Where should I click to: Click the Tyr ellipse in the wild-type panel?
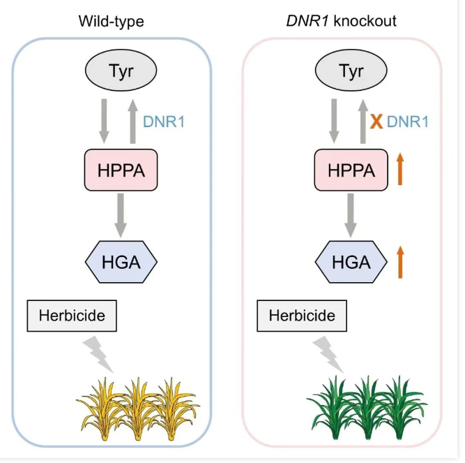pyautogui.click(x=121, y=71)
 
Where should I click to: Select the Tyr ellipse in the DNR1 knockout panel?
pyautogui.click(x=351, y=71)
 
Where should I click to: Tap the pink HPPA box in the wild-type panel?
pyautogui.click(x=121, y=170)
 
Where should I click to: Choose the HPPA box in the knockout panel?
pyautogui.click(x=351, y=170)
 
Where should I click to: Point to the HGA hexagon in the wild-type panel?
pyautogui.click(x=121, y=262)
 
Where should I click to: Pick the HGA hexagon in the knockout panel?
pyautogui.click(x=351, y=262)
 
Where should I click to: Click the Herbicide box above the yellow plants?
pyautogui.click(x=72, y=316)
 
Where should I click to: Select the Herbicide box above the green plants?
pyautogui.click(x=302, y=316)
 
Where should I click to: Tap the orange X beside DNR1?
pyautogui.click(x=376, y=122)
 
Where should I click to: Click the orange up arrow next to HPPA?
pyautogui.click(x=400, y=169)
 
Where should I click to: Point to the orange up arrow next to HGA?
pyautogui.click(x=400, y=263)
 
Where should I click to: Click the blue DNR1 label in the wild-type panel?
pyautogui.click(x=164, y=122)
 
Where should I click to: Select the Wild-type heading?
pyautogui.click(x=112, y=22)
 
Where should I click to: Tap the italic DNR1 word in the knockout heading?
pyautogui.click(x=307, y=21)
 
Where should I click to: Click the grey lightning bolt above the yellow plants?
pyautogui.click(x=98, y=355)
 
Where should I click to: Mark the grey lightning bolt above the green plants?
pyautogui.click(x=328, y=355)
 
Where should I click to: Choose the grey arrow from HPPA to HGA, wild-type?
pyautogui.click(x=121, y=215)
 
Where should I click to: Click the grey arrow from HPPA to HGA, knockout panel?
pyautogui.click(x=351, y=215)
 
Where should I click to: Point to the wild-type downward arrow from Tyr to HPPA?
pyautogui.click(x=104, y=122)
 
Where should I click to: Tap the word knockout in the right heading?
pyautogui.click(x=365, y=21)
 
